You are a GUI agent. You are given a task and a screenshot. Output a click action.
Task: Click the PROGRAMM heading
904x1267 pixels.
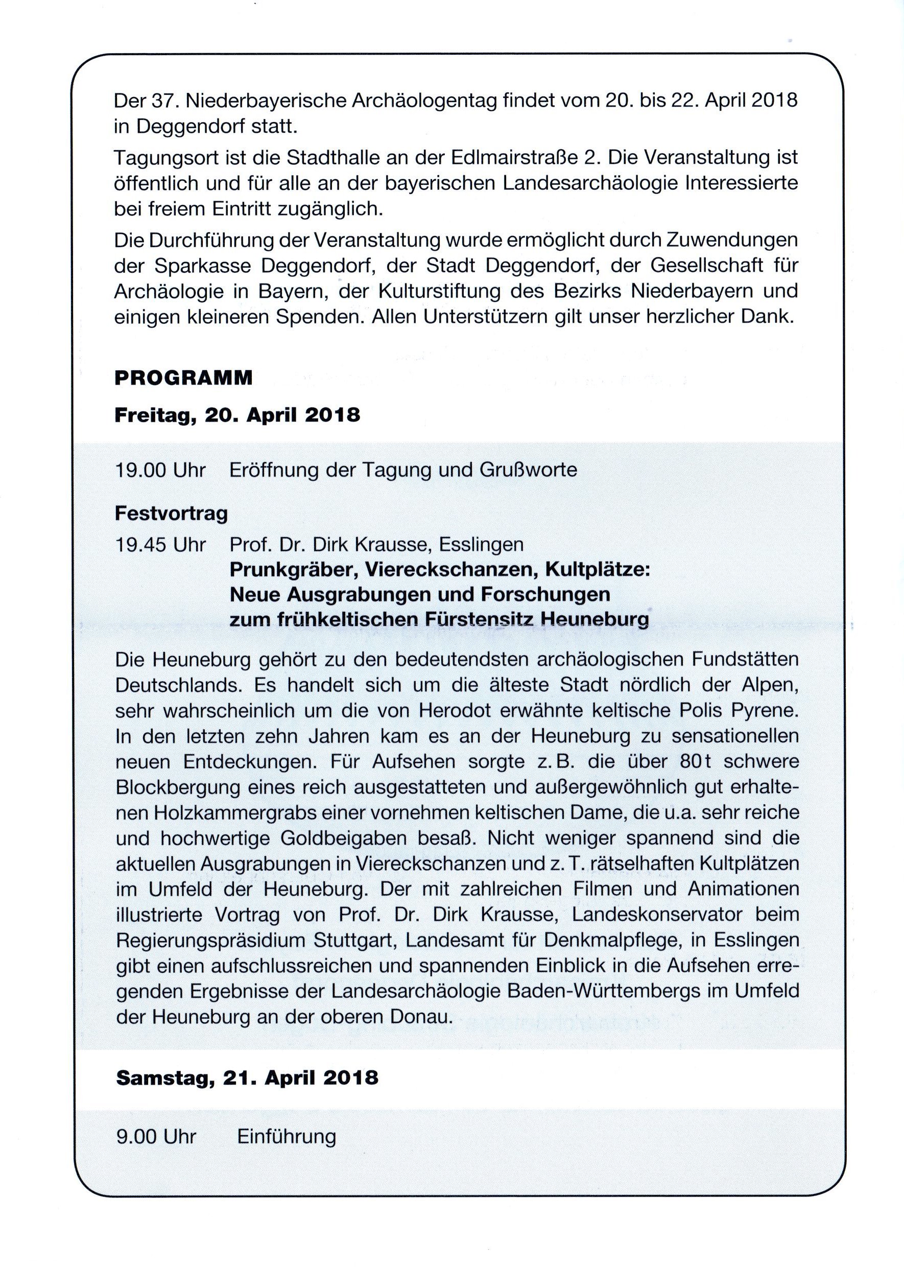pyautogui.click(x=183, y=378)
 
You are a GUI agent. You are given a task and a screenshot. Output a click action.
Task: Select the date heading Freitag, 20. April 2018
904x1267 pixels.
pyautogui.click(x=237, y=415)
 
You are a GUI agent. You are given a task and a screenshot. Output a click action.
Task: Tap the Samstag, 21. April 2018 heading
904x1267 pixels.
pyautogui.click(x=247, y=1078)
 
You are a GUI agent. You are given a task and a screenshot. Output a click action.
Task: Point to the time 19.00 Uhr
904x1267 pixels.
pyautogui.click(x=160, y=470)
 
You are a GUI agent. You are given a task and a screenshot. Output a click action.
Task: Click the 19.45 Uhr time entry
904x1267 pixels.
pyautogui.click(x=160, y=544)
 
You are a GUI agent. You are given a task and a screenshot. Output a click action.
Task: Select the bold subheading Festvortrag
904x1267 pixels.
pyautogui.click(x=171, y=513)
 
